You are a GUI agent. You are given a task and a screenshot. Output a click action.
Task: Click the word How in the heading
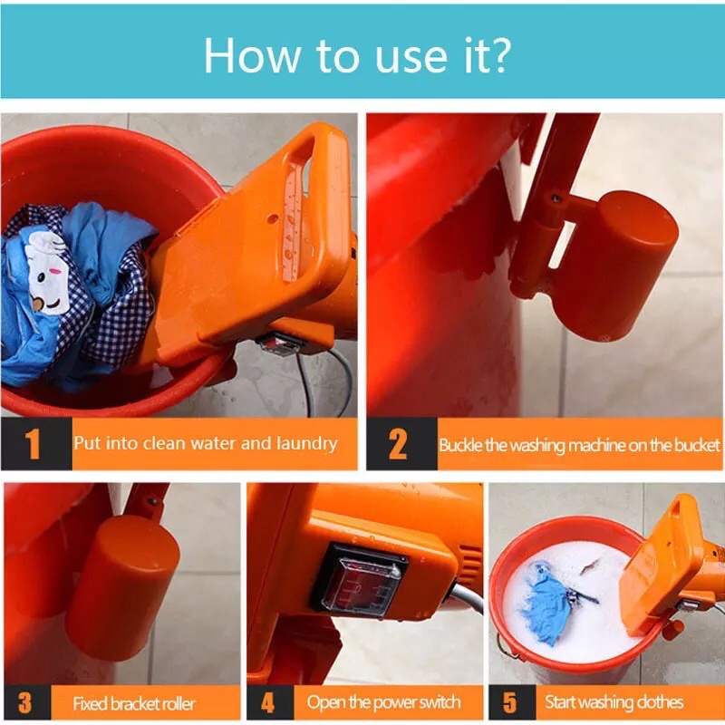252,55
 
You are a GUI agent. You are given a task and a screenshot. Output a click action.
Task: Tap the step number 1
33,444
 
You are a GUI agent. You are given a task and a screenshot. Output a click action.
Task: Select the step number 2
398,444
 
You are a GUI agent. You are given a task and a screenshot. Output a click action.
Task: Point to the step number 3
25,703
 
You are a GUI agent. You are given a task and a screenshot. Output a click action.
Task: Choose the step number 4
267,703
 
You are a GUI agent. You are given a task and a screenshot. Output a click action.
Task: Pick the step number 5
509,703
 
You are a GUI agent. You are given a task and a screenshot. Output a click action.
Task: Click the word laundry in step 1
306,444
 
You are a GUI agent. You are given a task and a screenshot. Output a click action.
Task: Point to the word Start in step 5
560,701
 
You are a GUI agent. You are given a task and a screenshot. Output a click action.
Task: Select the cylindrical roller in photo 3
121,587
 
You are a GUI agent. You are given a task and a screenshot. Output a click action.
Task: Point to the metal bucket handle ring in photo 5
507,645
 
